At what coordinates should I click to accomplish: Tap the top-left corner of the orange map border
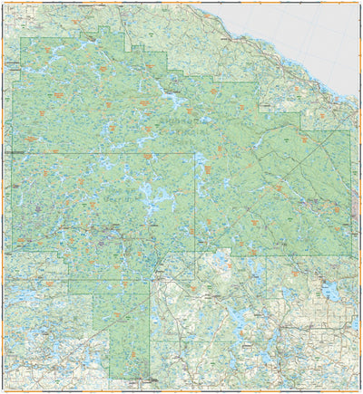click(x=2, y=3)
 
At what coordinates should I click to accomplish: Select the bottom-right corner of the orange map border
click(x=360, y=391)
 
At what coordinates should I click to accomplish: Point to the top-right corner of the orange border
click(x=360, y=3)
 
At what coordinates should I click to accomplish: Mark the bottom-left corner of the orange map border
click(x=2, y=391)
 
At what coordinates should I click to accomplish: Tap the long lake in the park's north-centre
click(x=169, y=96)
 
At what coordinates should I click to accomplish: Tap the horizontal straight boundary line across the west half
click(x=91, y=153)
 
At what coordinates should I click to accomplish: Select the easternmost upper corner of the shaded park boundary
click(x=350, y=130)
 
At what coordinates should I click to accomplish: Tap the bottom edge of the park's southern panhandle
click(x=129, y=379)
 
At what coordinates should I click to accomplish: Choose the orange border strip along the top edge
click(x=181, y=3)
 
